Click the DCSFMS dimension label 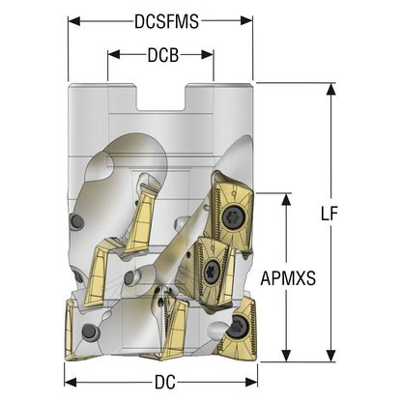[x=166, y=22]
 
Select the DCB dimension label [x=163, y=55]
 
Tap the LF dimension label [x=329, y=214]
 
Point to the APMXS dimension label [x=288, y=278]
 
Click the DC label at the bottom [x=165, y=383]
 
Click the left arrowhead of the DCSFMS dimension [x=74, y=21]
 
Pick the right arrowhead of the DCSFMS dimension [x=246, y=21]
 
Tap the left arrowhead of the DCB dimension [x=113, y=54]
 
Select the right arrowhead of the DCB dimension [x=208, y=54]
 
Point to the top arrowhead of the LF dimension [x=330, y=89]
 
